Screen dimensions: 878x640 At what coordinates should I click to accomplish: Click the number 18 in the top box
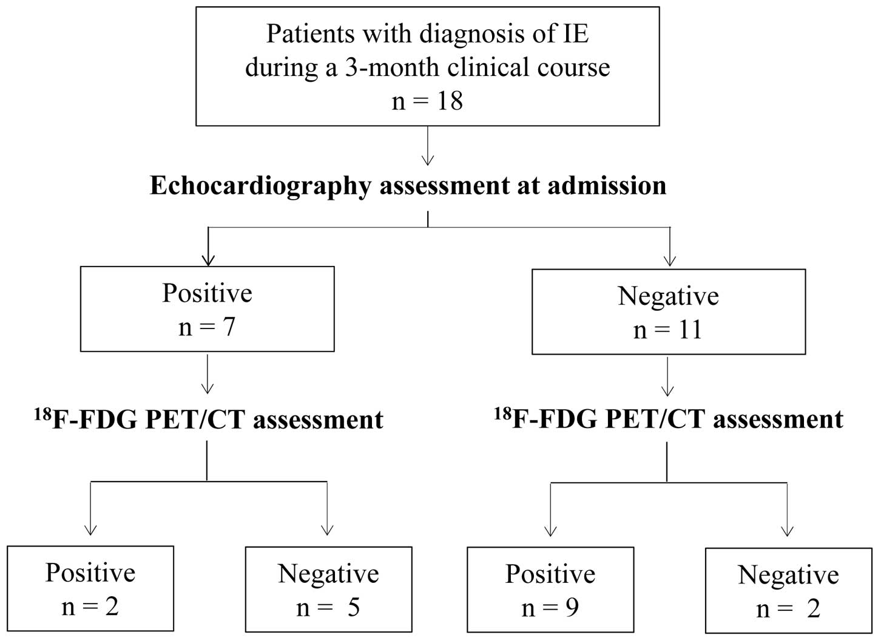click(450, 101)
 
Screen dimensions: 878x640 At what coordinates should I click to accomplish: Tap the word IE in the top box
click(576, 34)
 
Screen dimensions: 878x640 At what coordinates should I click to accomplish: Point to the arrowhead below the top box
click(428, 160)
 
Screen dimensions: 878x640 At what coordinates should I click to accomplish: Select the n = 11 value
click(667, 330)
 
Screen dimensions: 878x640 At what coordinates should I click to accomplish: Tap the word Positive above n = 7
click(207, 293)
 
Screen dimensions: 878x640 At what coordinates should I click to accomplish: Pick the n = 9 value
click(550, 608)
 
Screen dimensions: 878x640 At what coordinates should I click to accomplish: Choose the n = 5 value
click(328, 608)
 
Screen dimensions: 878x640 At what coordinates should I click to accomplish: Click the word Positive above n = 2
click(90, 573)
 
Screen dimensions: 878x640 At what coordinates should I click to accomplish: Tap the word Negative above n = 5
click(328, 575)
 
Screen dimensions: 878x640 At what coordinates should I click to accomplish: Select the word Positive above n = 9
click(550, 574)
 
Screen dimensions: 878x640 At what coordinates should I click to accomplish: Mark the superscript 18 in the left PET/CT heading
click(43, 415)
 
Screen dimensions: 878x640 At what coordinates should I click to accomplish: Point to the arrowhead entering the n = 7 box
click(208, 260)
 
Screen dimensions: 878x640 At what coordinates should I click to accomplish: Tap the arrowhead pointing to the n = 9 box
click(551, 531)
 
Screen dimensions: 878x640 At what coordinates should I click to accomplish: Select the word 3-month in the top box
click(392, 67)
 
